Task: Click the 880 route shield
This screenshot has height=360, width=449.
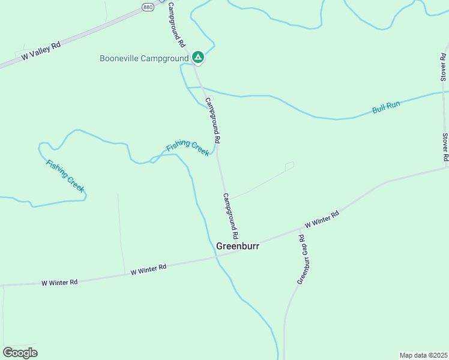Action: tap(148, 7)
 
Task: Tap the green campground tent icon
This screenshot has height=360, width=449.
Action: tap(198, 58)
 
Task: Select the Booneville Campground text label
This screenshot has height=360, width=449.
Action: tap(144, 58)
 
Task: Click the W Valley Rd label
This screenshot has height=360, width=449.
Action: tap(41, 51)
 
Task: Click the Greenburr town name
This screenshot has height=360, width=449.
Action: tap(237, 245)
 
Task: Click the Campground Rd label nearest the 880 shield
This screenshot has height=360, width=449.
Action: tap(176, 25)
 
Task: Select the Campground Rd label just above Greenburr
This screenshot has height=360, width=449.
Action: tap(231, 215)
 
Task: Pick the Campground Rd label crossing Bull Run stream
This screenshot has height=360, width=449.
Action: tap(214, 120)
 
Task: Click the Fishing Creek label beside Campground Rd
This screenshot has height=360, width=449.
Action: tap(187, 147)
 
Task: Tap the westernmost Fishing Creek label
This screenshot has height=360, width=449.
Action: tap(65, 175)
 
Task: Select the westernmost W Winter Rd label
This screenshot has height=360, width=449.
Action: tap(60, 282)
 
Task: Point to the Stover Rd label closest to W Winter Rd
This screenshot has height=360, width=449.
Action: tap(445, 147)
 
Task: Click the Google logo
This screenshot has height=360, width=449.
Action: tap(20, 352)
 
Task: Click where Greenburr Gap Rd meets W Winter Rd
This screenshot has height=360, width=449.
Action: tap(300, 229)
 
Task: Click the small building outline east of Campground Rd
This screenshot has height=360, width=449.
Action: tap(289, 166)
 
